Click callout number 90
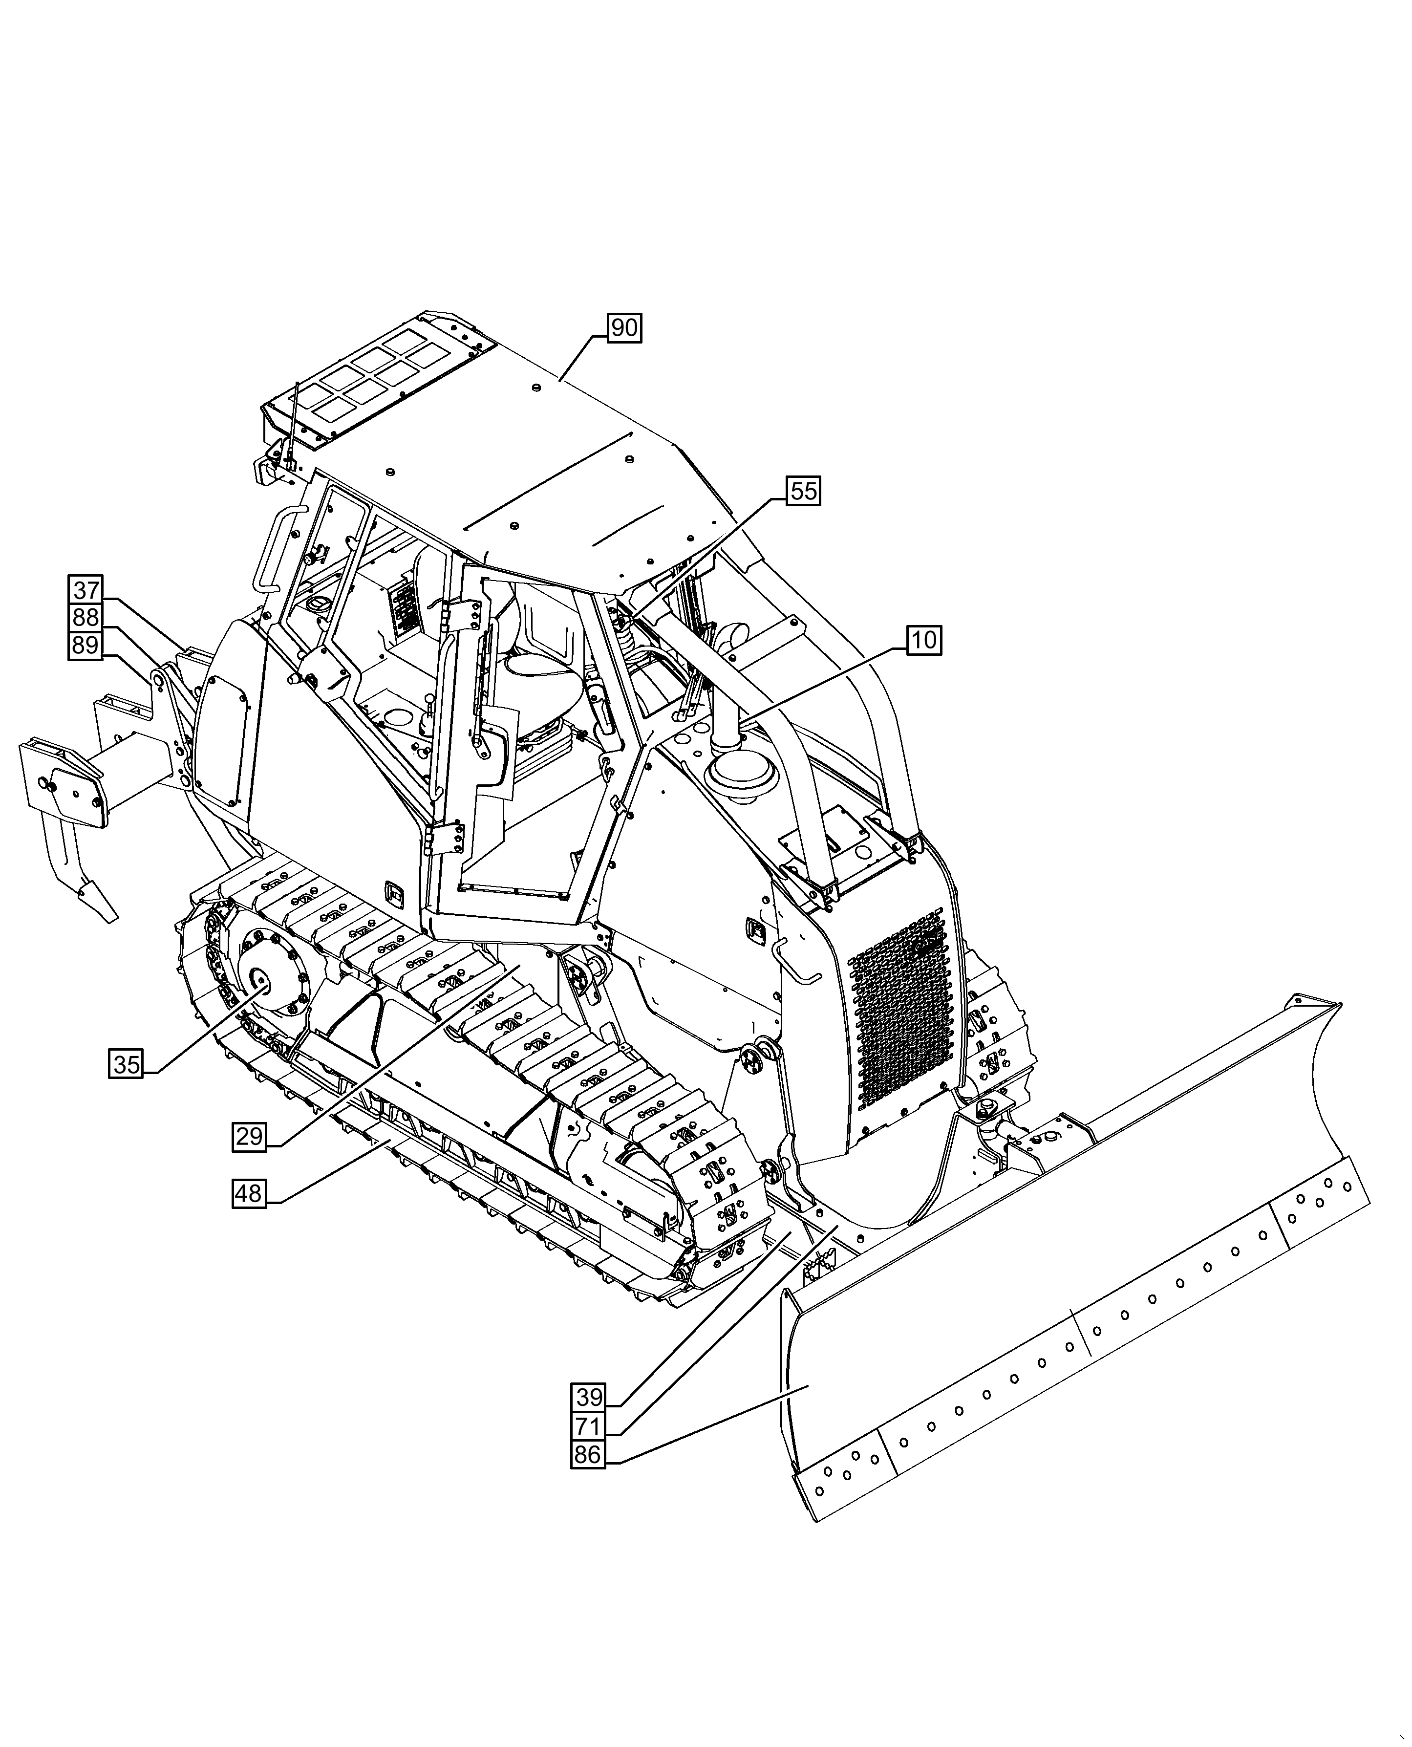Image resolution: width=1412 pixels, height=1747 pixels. [624, 328]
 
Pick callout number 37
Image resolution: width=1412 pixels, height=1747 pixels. [86, 590]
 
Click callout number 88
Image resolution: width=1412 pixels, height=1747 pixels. [86, 617]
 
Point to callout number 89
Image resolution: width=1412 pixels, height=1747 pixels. [86, 646]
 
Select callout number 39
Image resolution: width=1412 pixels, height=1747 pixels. [588, 1397]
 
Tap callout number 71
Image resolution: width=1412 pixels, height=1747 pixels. [588, 1426]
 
